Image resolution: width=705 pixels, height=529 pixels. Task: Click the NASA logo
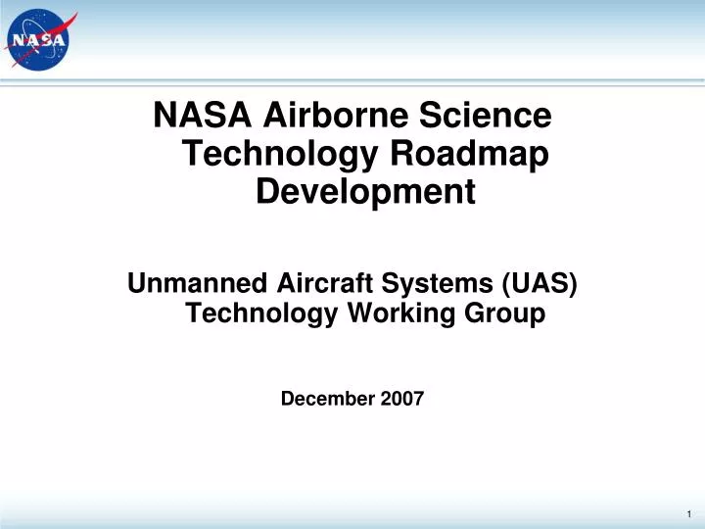(40, 40)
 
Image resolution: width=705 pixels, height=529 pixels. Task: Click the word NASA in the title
(203, 116)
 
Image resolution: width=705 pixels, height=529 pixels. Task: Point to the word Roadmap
(471, 154)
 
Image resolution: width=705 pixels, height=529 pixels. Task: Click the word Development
(365, 192)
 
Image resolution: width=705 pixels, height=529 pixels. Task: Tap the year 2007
(402, 399)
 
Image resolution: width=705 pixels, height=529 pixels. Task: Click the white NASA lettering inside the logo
(39, 41)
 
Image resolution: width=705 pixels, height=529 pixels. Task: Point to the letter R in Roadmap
(401, 154)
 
